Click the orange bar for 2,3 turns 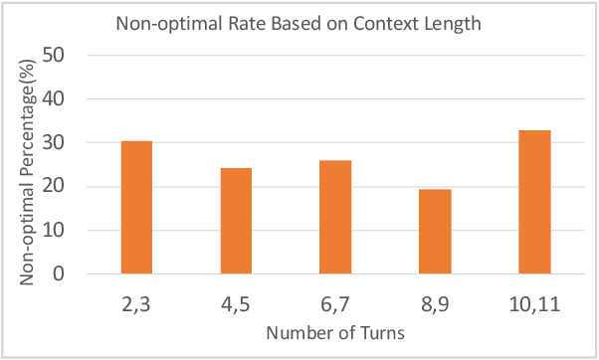(136, 207)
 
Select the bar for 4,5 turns (236, 220)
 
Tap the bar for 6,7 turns (335, 217)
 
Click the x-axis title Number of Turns (335, 333)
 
